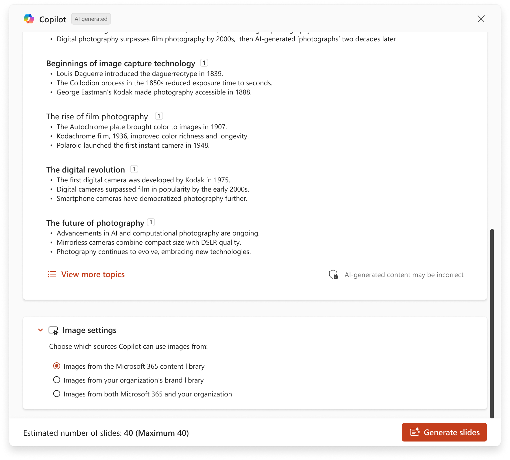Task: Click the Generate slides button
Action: tap(444, 432)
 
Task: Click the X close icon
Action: tap(481, 19)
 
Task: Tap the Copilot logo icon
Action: tap(29, 19)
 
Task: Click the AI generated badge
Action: tap(91, 19)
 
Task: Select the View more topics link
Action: tap(93, 274)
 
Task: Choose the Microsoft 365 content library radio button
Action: tap(57, 366)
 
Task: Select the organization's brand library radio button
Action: tap(57, 380)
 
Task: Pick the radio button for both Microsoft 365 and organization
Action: tap(57, 394)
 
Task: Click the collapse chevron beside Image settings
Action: tap(40, 330)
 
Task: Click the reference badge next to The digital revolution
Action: tap(134, 169)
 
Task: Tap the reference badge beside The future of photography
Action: tap(151, 222)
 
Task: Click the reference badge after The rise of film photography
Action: tap(159, 116)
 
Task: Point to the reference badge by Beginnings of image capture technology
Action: tap(204, 63)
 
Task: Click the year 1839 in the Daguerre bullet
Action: tap(214, 74)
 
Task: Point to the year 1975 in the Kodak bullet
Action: tap(221, 180)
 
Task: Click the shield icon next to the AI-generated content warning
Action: tap(333, 274)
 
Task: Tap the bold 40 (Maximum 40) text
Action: tap(156, 433)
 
